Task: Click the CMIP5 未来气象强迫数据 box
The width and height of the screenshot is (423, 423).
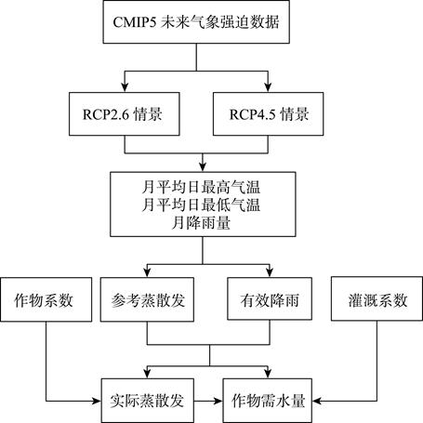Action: (x=196, y=21)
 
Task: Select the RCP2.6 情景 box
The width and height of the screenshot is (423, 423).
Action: (x=125, y=113)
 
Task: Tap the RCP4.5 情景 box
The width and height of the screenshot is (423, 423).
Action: (x=269, y=113)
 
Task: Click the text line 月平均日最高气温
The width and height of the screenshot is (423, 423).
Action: (x=201, y=187)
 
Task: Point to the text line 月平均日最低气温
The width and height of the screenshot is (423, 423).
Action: (x=201, y=205)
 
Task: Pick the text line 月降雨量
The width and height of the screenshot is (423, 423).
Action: (x=201, y=222)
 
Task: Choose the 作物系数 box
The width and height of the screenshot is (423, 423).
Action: (x=46, y=299)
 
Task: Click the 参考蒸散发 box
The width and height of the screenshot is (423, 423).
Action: (x=147, y=299)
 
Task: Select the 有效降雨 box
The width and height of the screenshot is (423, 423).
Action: (x=270, y=298)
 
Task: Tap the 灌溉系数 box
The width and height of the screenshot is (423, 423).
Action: (x=377, y=298)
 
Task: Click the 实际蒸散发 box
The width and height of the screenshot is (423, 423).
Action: (x=148, y=401)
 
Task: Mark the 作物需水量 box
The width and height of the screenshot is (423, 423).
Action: (x=268, y=401)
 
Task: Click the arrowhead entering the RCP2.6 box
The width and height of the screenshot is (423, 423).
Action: (x=125, y=87)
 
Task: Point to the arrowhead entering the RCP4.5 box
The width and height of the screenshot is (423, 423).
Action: (x=268, y=87)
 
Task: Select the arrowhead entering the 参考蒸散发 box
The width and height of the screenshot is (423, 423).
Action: (x=147, y=272)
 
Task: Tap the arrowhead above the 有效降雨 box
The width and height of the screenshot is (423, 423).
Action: (x=270, y=272)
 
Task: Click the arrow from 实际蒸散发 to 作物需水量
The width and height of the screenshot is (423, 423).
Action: (x=208, y=401)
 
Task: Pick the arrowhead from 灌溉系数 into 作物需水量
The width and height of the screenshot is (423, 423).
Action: (x=317, y=401)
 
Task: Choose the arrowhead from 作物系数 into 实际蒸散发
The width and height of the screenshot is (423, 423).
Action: (x=97, y=401)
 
